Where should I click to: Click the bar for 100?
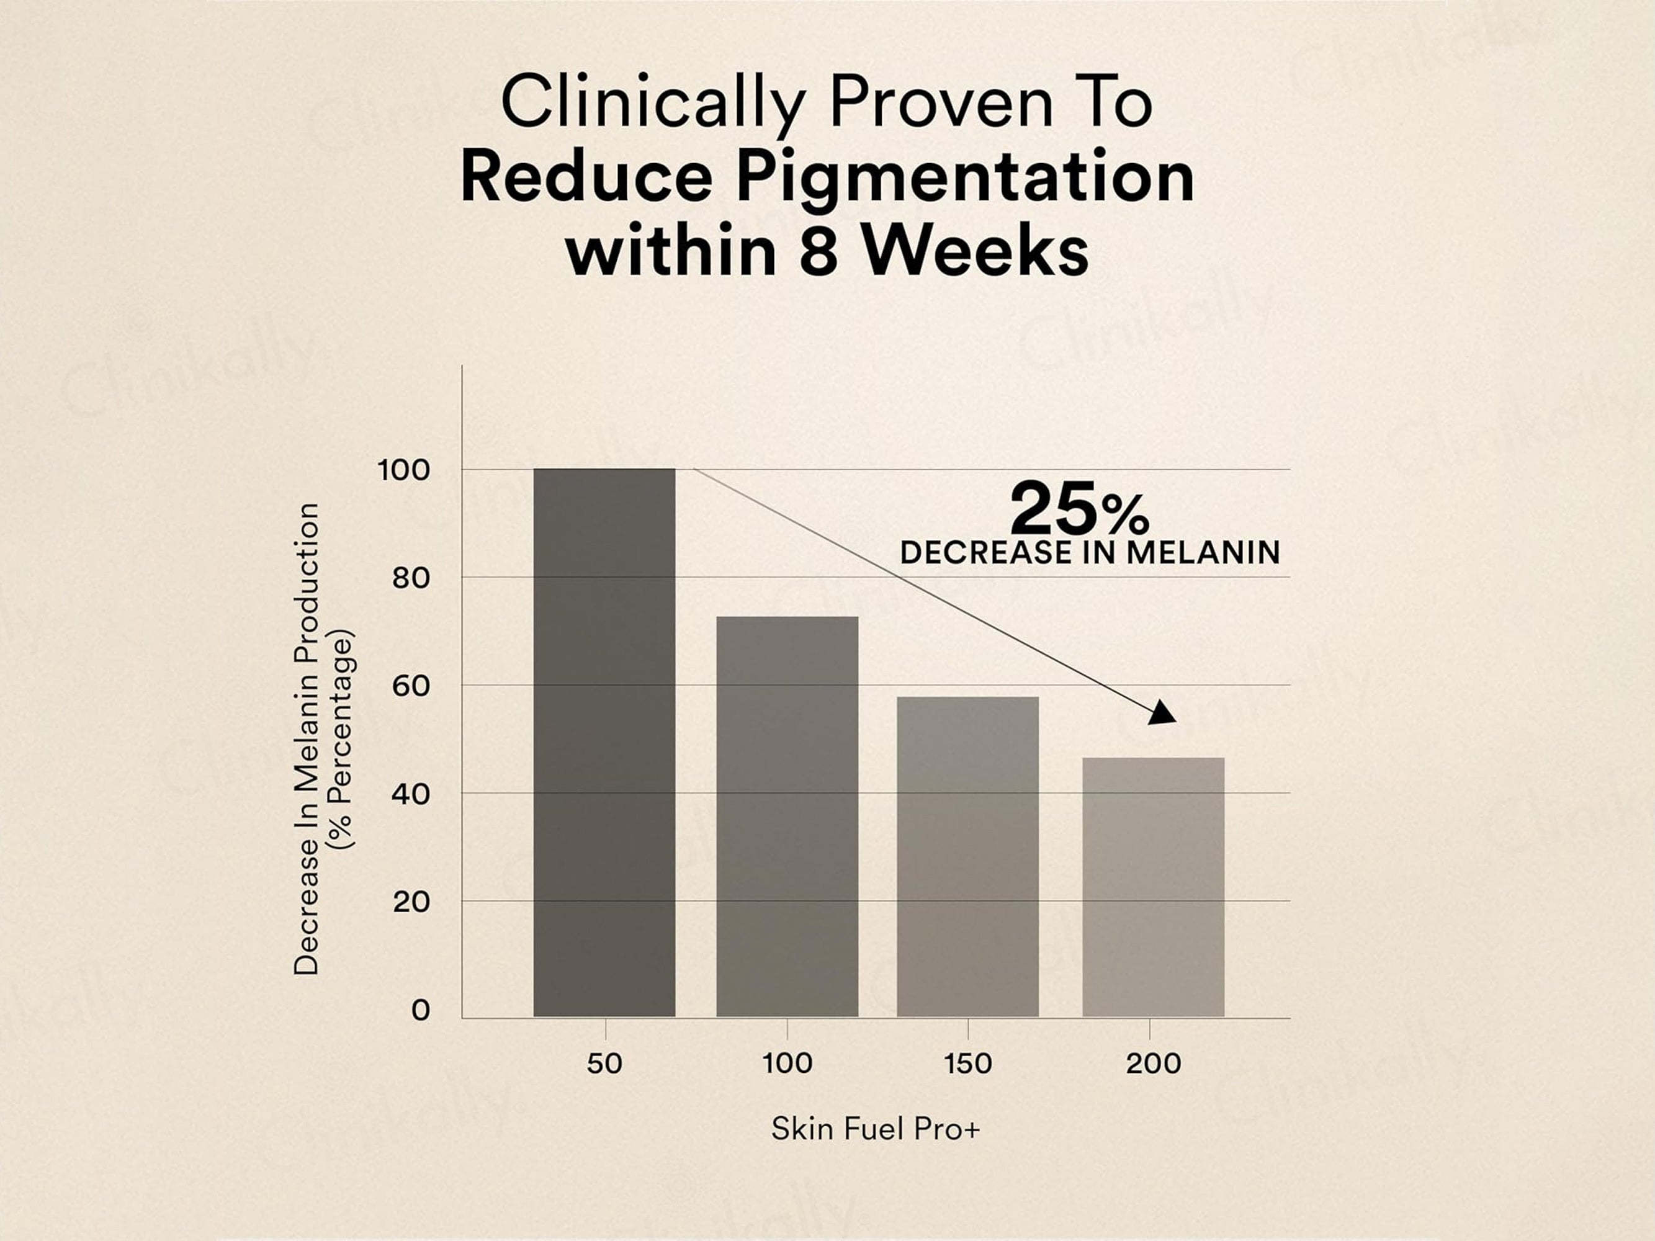point(787,816)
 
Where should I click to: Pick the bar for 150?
point(967,856)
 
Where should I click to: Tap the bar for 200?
point(1153,887)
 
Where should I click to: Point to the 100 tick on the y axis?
point(404,470)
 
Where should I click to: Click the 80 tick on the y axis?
point(411,578)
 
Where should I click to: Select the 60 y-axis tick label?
point(411,686)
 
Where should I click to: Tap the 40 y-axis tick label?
point(411,794)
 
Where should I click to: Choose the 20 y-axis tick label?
point(411,902)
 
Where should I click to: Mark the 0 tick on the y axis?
point(421,1010)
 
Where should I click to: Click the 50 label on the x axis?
point(604,1063)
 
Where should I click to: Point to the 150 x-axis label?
point(967,1063)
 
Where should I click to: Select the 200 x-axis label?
point(1153,1063)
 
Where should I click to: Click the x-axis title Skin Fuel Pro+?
point(874,1128)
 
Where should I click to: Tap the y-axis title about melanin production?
point(321,738)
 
